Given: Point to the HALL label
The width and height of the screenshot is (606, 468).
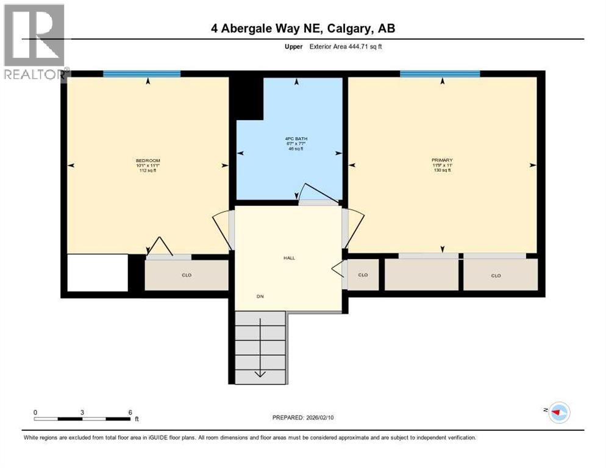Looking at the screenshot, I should pos(289,258).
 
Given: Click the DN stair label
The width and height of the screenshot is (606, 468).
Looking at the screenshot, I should pos(260,297).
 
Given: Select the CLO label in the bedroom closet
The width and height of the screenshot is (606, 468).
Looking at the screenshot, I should pos(187,275).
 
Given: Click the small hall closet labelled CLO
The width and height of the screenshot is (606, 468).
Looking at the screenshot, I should pos(363,275).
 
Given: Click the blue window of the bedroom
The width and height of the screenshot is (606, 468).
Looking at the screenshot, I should pos(141,74).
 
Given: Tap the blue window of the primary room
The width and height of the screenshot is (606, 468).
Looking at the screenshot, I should pos(440,74).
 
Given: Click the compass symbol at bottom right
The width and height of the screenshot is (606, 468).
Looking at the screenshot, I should pos(558,413).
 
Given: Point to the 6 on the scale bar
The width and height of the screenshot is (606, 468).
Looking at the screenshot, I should pos(130,412).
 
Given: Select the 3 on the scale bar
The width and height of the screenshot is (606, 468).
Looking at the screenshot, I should pos(82,412).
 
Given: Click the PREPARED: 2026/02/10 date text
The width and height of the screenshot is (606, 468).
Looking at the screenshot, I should pos(303,417).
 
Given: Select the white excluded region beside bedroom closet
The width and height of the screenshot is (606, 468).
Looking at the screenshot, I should pos(97,272).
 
